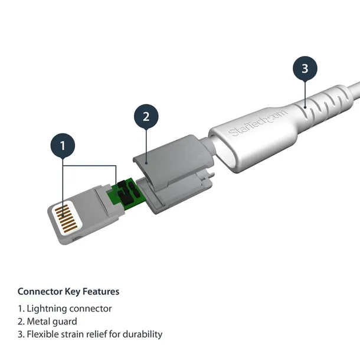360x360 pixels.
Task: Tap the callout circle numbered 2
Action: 146,117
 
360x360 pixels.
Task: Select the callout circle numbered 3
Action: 305,68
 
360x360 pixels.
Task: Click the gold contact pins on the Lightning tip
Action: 66,219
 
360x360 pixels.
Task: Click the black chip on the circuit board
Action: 125,188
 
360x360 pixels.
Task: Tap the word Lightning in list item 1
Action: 47,309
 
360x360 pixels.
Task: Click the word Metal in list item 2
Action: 38,322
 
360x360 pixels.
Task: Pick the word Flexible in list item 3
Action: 44,335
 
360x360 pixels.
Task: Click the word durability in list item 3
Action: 142,335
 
